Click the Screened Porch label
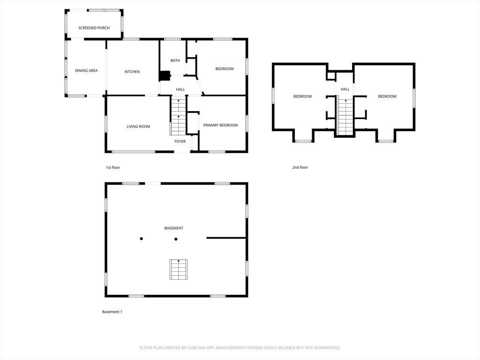94,28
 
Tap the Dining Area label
86,70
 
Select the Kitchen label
132,72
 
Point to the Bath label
175,60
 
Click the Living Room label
138,127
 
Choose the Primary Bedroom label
220,125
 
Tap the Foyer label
180,142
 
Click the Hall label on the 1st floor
180,90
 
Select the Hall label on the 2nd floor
345,90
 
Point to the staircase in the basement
179,270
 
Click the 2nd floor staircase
345,117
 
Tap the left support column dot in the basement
142,239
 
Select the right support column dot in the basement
176,239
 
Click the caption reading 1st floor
113,167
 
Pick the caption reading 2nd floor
300,167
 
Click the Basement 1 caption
112,312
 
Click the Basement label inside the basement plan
174,228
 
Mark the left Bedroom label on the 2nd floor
302,97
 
